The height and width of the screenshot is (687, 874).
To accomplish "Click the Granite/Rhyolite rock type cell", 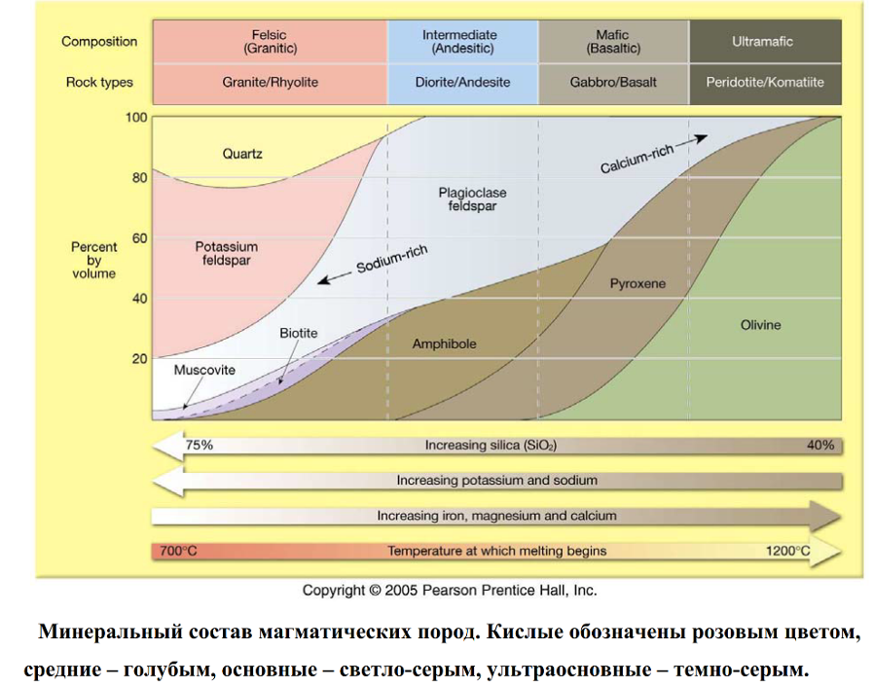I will (269, 83).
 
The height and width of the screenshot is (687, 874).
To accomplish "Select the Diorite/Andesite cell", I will (462, 83).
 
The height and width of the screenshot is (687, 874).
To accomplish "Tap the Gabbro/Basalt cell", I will (613, 83).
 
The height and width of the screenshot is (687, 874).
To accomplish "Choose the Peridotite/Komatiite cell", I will (765, 83).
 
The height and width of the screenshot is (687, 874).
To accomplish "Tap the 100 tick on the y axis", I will (135, 118).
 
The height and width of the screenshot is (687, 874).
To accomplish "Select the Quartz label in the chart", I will (242, 154).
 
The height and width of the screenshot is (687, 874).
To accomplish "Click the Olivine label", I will (761, 324).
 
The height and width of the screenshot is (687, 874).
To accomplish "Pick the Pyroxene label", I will (637, 284).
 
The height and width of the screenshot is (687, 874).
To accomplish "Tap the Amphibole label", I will (444, 344).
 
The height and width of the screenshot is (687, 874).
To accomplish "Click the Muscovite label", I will (204, 370).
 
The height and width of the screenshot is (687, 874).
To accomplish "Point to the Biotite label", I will (299, 333).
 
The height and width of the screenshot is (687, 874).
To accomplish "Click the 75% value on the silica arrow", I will (200, 445).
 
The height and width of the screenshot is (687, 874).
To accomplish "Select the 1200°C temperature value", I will (788, 551).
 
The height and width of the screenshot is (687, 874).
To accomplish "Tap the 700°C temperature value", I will (178, 551).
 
